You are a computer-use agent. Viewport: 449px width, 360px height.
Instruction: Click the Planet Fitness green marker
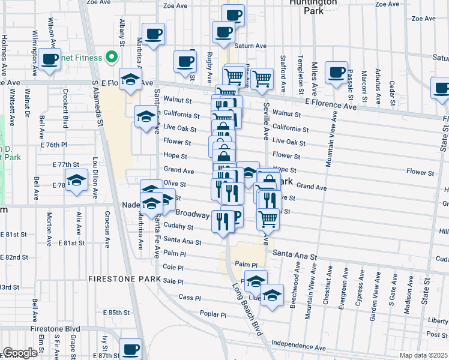(111, 58)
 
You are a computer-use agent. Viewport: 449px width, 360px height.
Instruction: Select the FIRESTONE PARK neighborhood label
(125, 279)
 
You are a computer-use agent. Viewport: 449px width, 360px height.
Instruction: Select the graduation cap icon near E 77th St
(76, 181)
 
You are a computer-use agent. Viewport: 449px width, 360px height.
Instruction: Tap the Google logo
(20, 353)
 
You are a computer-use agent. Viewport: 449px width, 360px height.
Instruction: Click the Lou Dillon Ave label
(95, 174)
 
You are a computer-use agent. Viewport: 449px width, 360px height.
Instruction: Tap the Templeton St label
(300, 71)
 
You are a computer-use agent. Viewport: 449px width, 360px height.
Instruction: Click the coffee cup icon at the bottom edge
(130, 349)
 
